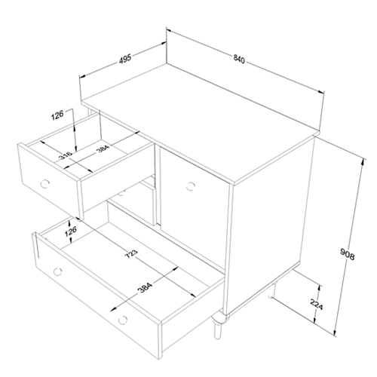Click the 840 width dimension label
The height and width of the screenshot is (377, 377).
[x=239, y=60]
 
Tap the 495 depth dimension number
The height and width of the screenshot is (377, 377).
[x=125, y=60]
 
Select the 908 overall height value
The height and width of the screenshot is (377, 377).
[x=347, y=254]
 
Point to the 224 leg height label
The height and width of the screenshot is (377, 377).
[x=317, y=305]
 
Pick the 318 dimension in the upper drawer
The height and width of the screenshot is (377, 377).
[x=66, y=155]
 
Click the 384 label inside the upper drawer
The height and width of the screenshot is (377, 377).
[x=103, y=149]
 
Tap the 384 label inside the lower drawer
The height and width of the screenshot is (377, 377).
[x=146, y=288]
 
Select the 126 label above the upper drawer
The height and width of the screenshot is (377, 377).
[x=57, y=115]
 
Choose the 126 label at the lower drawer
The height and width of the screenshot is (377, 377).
[x=70, y=231]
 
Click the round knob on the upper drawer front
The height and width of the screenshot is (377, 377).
[x=45, y=184]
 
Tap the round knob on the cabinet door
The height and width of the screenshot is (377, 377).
[x=191, y=186]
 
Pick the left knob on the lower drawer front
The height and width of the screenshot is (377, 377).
[x=58, y=271]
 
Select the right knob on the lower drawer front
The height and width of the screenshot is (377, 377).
[x=123, y=320]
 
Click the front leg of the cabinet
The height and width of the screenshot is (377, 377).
[x=218, y=326]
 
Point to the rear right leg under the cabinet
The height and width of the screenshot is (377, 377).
[x=272, y=290]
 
